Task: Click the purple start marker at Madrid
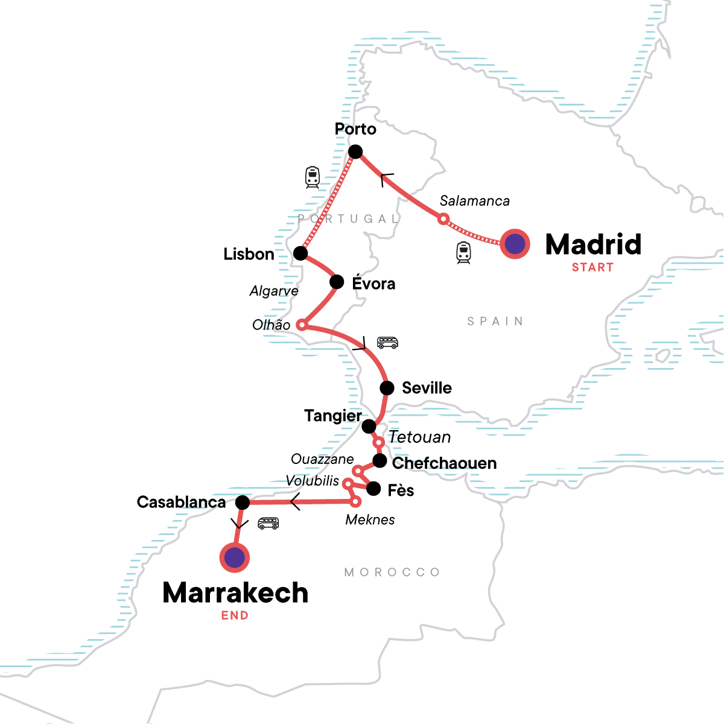pos(515,244)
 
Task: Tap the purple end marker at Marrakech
pos(234,557)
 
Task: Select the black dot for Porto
pos(355,151)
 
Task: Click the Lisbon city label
pos(249,254)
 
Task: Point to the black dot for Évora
pos(337,282)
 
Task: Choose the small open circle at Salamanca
pos(443,219)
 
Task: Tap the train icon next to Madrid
pos(463,253)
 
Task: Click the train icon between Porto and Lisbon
pos(312,177)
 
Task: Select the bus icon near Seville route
pos(387,343)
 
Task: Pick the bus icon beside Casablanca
pos(268,523)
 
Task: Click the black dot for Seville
pos(387,387)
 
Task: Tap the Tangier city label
pos(332,416)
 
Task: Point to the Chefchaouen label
pos(444,463)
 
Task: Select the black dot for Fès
pos(373,489)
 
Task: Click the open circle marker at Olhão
pos(302,325)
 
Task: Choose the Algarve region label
pos(274,291)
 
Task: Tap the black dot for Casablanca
pos(242,502)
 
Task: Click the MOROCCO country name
pos(392,572)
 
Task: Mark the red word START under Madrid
pos(592,267)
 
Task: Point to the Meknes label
pos(370,519)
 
